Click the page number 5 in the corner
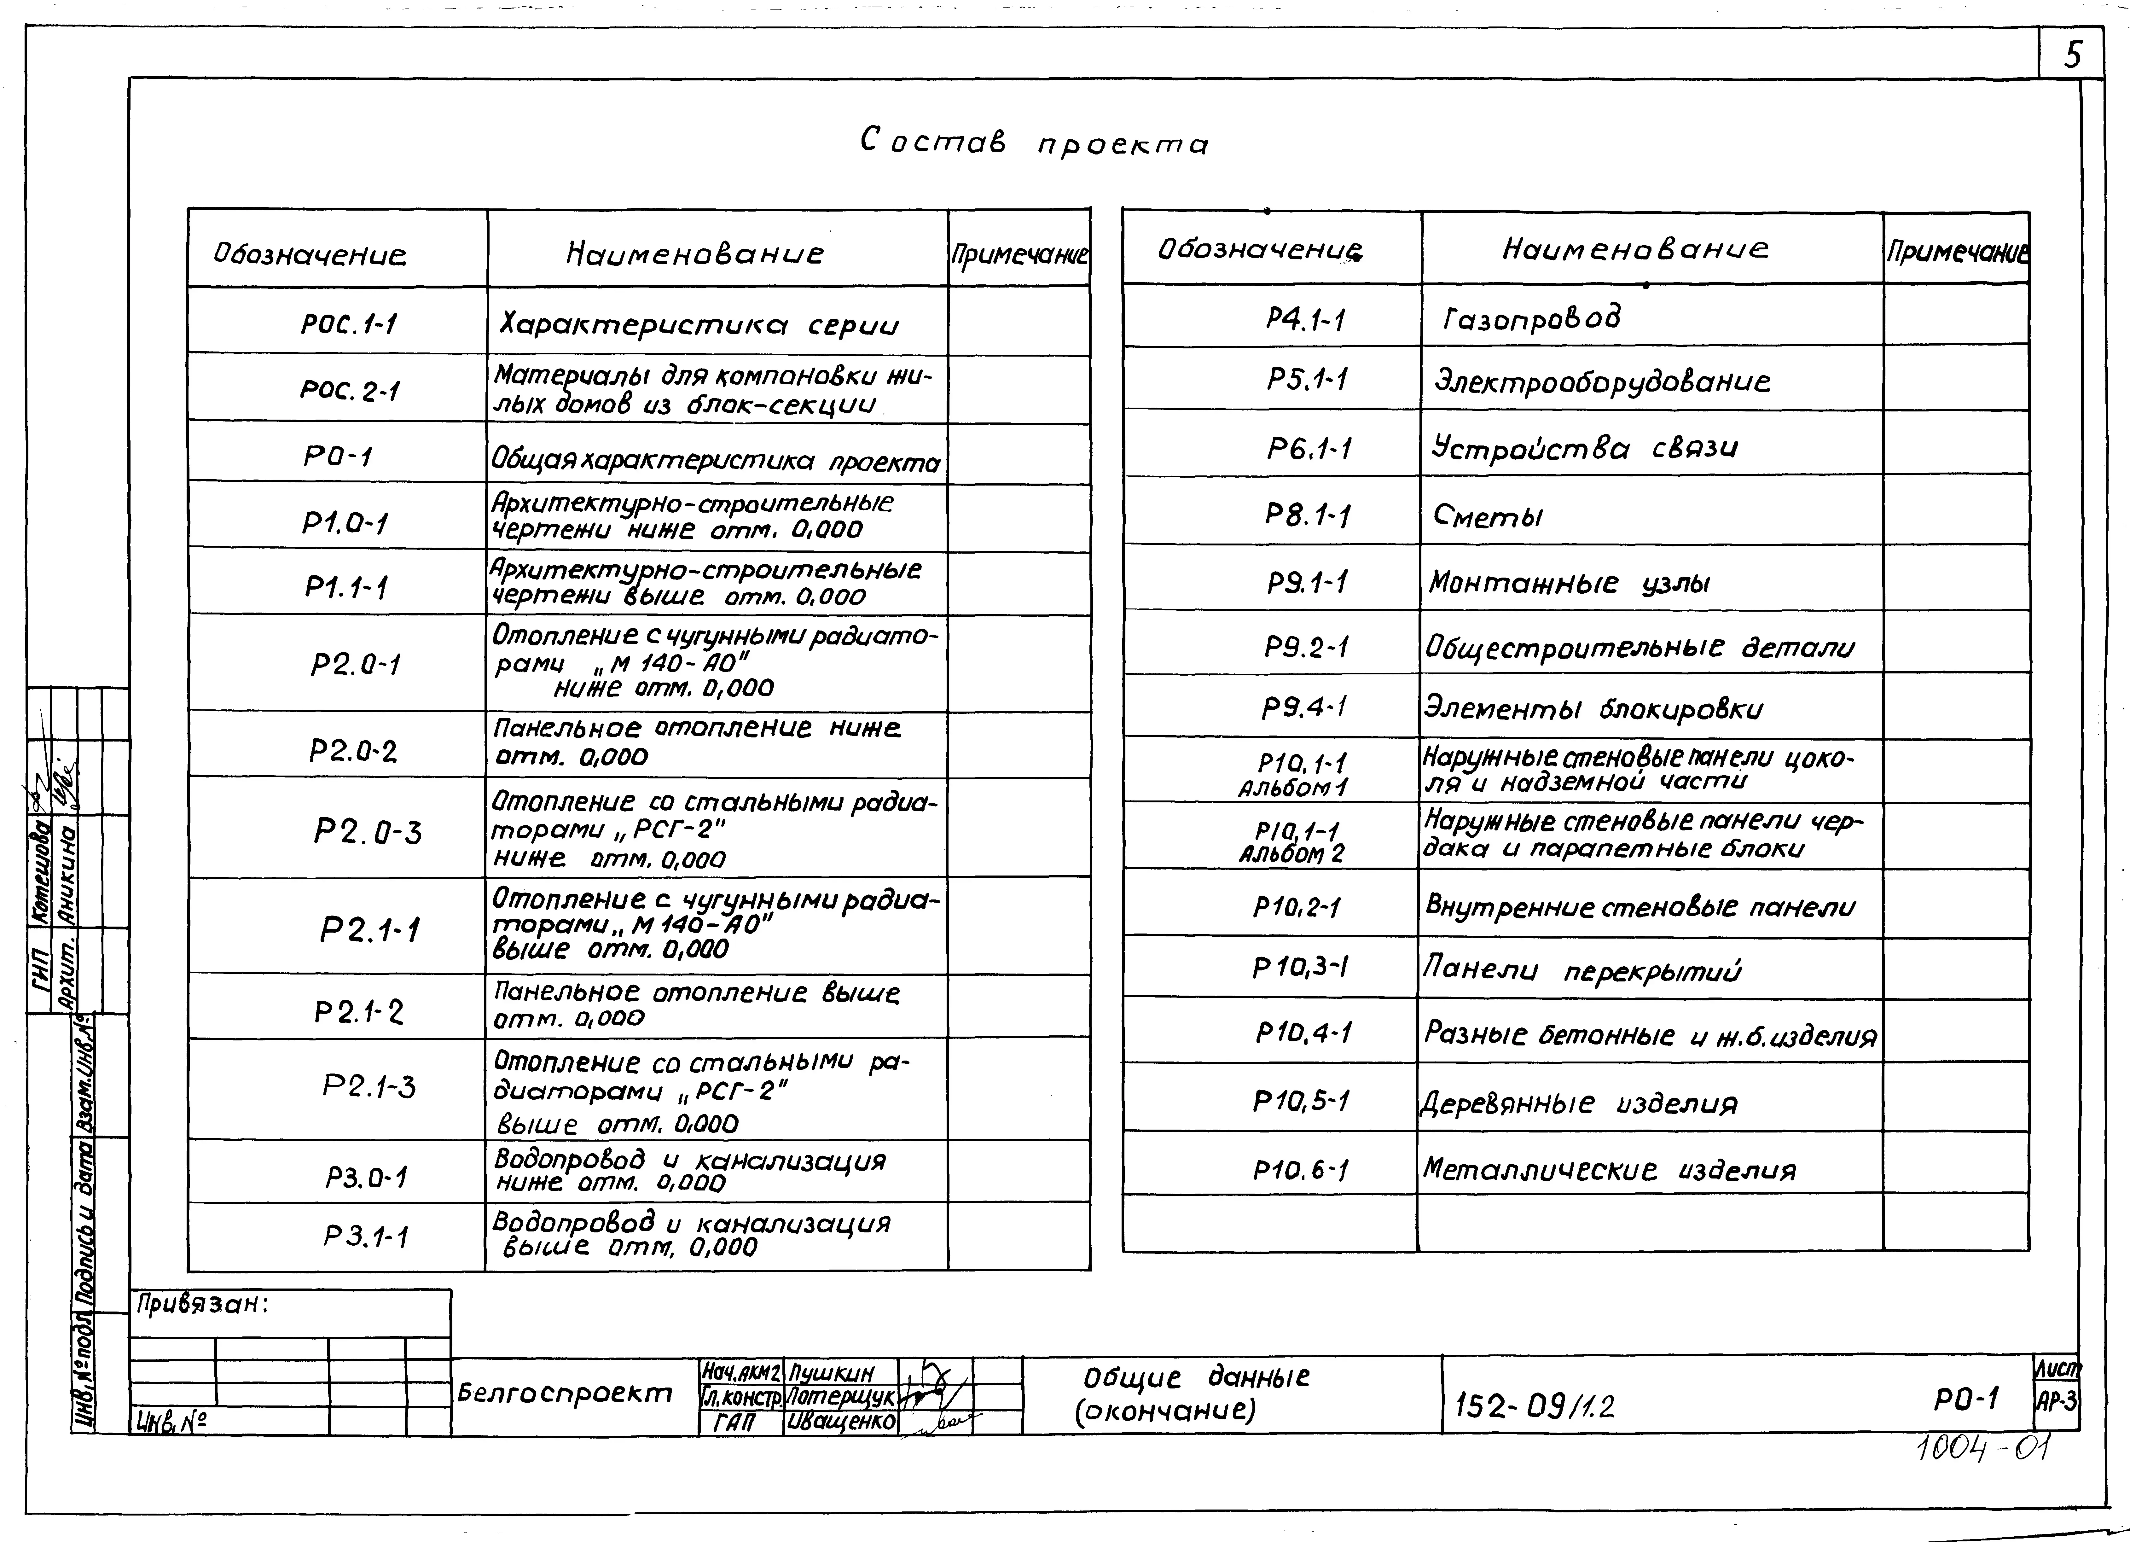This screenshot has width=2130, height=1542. point(2072,56)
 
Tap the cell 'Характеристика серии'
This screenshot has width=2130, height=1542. point(699,325)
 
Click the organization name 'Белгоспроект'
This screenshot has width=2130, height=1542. point(565,1394)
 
